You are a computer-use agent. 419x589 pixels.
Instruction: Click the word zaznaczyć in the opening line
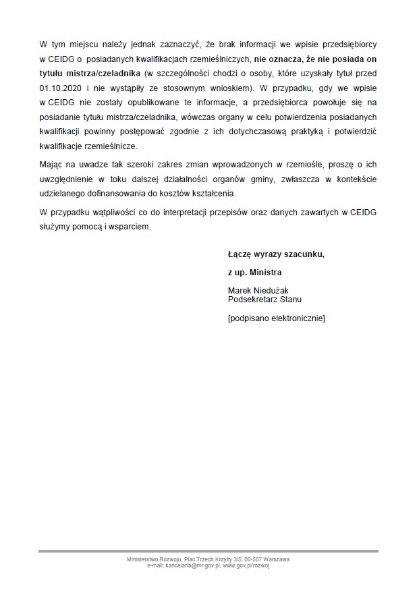pyautogui.click(x=170, y=44)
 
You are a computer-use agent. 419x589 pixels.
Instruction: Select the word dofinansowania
pyautogui.click(x=117, y=193)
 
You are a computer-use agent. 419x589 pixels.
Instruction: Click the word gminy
pyautogui.click(x=254, y=179)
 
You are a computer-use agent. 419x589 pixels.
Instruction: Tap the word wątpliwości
pyautogui.click(x=105, y=213)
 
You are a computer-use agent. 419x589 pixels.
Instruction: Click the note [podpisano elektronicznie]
pyautogui.click(x=277, y=317)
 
